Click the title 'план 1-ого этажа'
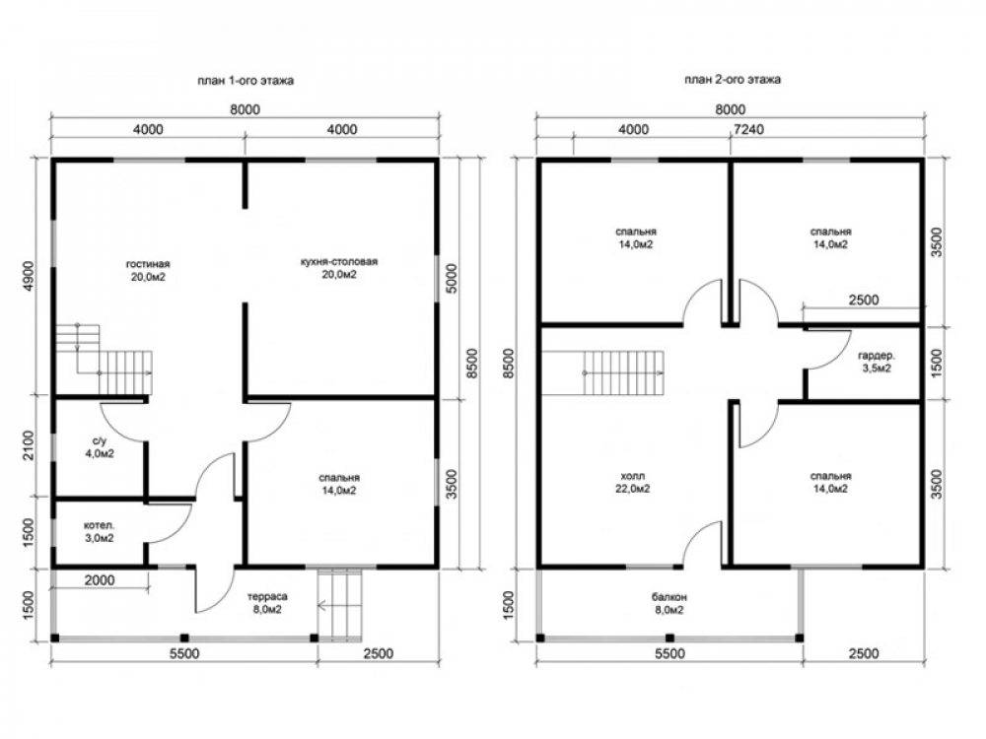click(x=246, y=81)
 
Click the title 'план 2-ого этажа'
click(x=733, y=79)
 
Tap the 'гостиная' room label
click(x=148, y=264)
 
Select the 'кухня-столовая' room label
click(x=339, y=261)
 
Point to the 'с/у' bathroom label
click(x=100, y=441)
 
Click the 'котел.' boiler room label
click(x=100, y=525)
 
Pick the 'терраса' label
click(x=266, y=596)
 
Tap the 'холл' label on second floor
click(x=633, y=476)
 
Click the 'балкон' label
click(x=669, y=597)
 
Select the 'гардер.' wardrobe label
click(x=877, y=356)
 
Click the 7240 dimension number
click(x=749, y=129)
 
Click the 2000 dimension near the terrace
click(x=100, y=580)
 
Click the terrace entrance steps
click(x=340, y=605)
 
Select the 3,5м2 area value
click(x=877, y=369)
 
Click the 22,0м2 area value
click(x=633, y=489)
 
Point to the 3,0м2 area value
click(x=100, y=538)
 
